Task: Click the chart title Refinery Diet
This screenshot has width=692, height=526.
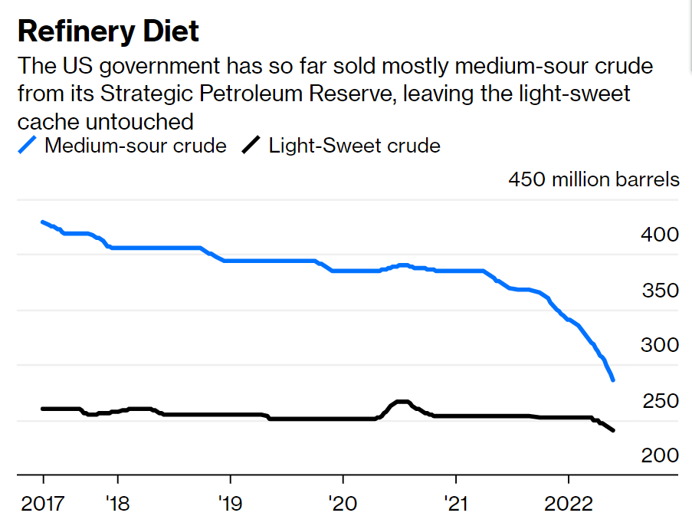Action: click(x=108, y=31)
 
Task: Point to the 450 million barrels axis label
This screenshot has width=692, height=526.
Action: click(x=593, y=179)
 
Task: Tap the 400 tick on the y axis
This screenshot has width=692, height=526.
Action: click(x=659, y=235)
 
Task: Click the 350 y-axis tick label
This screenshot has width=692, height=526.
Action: click(x=659, y=291)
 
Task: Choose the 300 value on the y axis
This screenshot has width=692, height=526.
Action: click(x=659, y=345)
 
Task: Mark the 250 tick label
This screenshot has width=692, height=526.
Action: click(x=659, y=401)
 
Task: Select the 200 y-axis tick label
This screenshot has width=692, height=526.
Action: click(x=659, y=455)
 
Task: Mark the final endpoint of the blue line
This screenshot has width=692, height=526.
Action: click(x=613, y=380)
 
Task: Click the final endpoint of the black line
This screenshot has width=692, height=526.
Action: click(x=613, y=431)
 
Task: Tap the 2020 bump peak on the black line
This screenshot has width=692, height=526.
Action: click(x=401, y=402)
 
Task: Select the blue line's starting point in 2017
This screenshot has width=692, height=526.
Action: click(x=43, y=222)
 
